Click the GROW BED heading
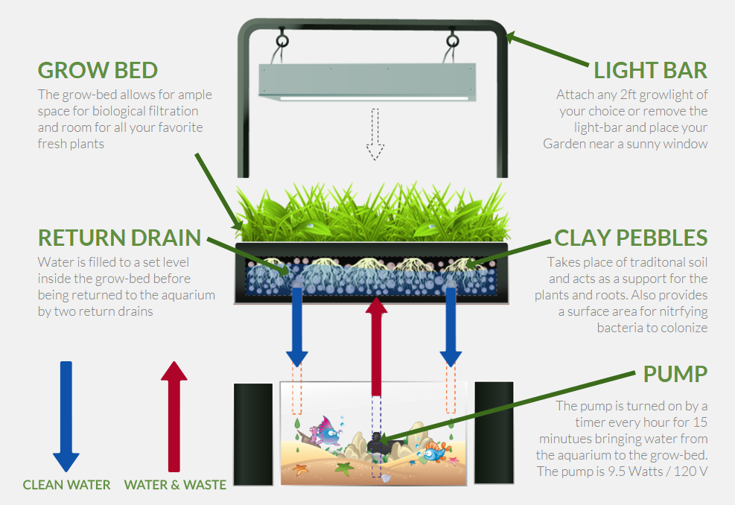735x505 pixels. pos(98,71)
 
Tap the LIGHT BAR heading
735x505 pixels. pos(650,71)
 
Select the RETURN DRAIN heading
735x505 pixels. pos(119,238)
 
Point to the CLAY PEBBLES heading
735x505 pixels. pos(631,238)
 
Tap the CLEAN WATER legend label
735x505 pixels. pos(66,485)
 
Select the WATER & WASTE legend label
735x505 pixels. pos(175,485)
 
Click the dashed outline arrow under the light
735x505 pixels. pos(375,135)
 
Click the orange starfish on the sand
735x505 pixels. pos(302,470)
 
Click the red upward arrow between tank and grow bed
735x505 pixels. pos(376,343)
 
